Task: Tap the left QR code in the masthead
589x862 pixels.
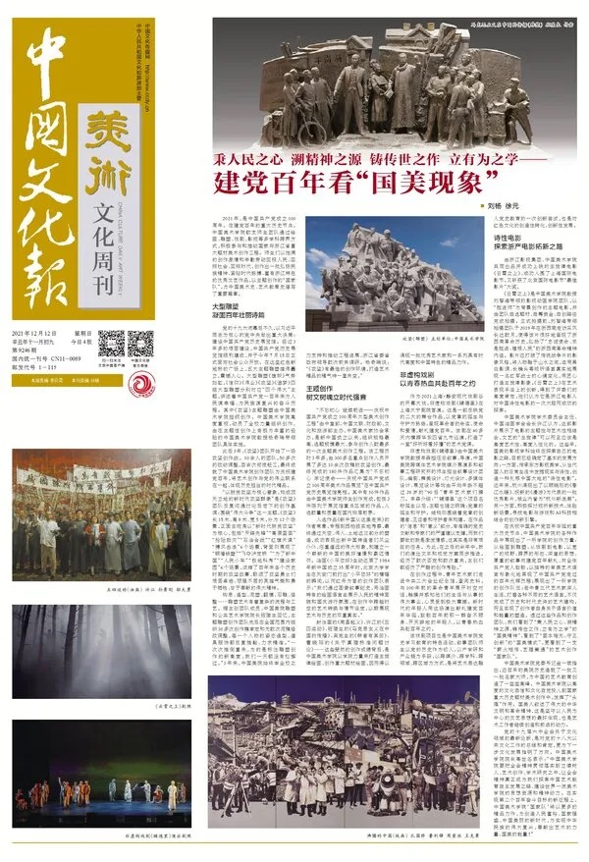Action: coord(110,345)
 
